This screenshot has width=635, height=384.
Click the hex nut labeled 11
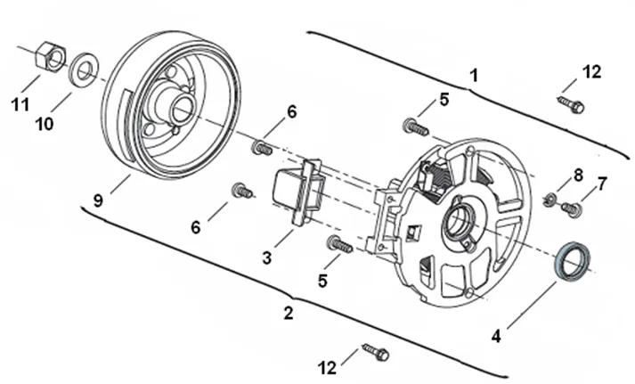(51, 56)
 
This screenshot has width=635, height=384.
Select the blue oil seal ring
(574, 261)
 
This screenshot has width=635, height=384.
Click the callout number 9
(98, 200)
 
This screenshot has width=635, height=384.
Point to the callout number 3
(266, 257)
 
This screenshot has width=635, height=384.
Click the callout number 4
(496, 336)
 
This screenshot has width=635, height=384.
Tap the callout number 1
(474, 76)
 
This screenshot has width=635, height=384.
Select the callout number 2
(288, 313)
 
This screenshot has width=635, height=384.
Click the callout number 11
(20, 104)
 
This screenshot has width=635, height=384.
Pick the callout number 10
(45, 124)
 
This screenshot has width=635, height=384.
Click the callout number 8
(578, 176)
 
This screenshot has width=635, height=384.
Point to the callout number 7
(602, 184)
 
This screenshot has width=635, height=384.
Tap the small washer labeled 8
(550, 199)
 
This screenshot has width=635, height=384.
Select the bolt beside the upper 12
(571, 103)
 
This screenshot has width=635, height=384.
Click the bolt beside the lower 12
(376, 352)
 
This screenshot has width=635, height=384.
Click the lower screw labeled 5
(339, 244)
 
